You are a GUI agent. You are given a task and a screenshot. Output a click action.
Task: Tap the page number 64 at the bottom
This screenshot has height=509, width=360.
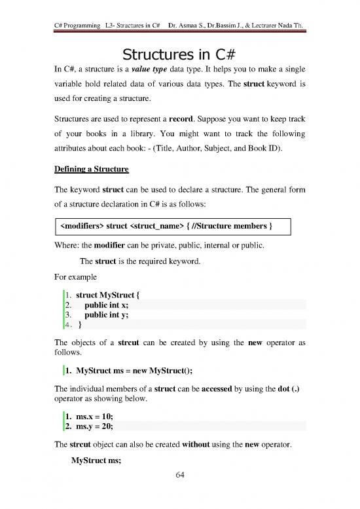(179, 493)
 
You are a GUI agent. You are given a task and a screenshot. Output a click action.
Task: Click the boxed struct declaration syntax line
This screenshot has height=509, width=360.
(166, 227)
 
